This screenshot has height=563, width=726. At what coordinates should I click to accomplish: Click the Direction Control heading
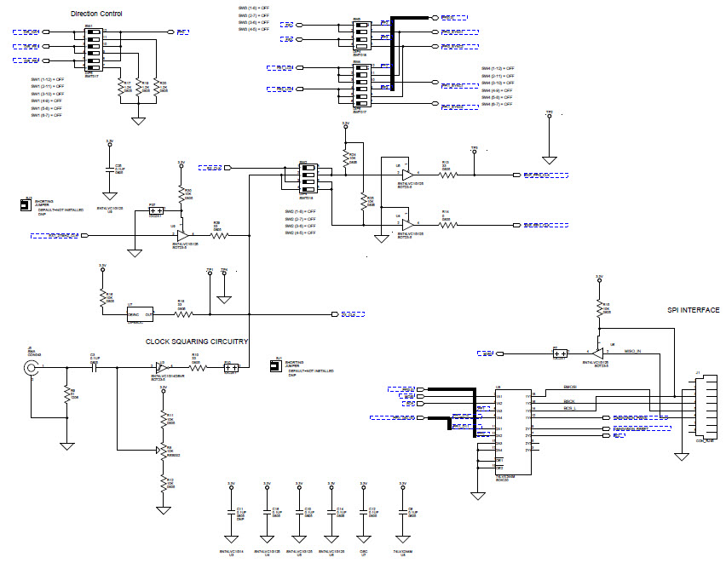point(95,14)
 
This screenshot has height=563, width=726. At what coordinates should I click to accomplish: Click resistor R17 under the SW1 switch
point(120,87)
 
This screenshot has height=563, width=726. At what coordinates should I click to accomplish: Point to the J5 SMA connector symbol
point(32,368)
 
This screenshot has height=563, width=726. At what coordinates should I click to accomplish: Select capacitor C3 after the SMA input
point(94,368)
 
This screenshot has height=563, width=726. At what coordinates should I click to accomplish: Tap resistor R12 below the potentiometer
point(162,482)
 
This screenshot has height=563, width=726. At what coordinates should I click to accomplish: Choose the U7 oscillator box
point(141,313)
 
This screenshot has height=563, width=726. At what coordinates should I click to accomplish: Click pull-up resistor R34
point(345,157)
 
